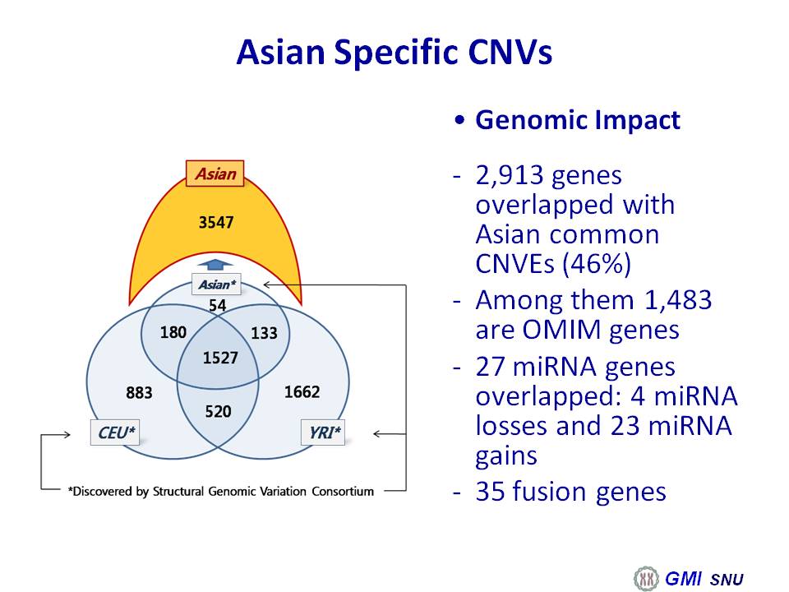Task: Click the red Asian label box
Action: tap(215, 173)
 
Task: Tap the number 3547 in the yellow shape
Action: tap(216, 222)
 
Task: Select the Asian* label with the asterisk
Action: tap(216, 284)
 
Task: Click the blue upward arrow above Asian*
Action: tap(215, 266)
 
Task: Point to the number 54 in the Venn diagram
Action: tap(217, 305)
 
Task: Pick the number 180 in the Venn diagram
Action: tap(173, 332)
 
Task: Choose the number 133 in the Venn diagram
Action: tap(264, 333)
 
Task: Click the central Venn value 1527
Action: tap(220, 358)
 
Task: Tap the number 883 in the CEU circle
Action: tap(139, 392)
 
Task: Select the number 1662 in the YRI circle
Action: tap(302, 391)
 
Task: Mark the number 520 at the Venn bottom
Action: tap(218, 411)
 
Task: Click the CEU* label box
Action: tap(115, 432)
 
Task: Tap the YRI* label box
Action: tap(323, 432)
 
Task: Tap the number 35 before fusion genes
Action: tap(491, 492)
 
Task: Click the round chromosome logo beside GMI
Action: tap(646, 578)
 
